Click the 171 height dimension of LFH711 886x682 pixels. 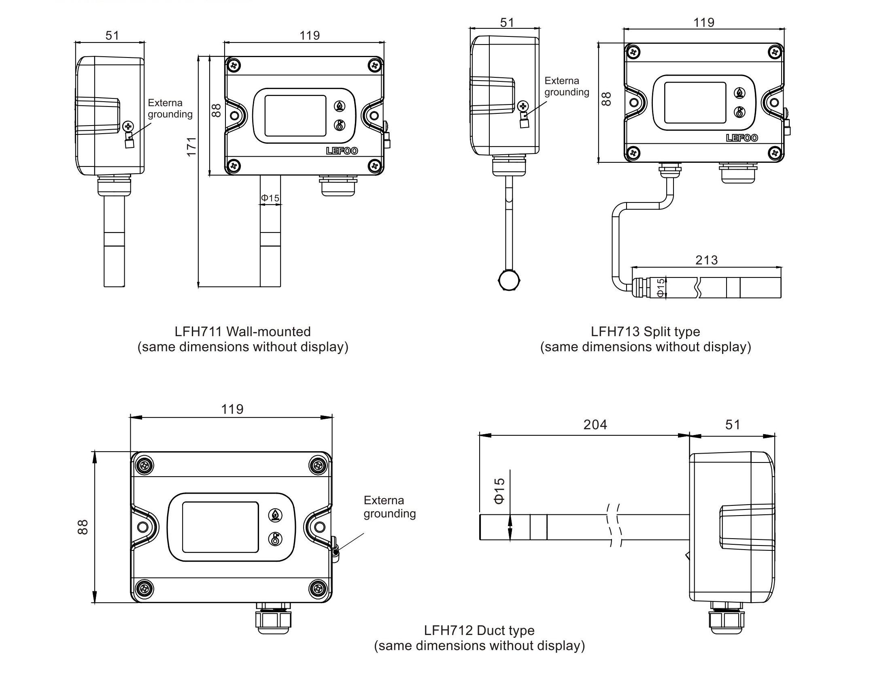point(191,147)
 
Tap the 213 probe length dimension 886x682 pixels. point(706,260)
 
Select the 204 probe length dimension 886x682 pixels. point(595,424)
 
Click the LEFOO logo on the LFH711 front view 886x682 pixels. point(342,151)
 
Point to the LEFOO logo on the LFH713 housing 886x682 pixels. point(742,138)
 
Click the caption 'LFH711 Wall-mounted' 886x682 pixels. point(242,332)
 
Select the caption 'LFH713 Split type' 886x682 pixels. point(645,332)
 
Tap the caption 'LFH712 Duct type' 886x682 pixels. point(479,631)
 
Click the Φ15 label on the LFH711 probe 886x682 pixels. point(270,198)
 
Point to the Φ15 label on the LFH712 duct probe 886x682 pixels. point(499,491)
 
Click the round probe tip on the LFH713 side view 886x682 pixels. point(509,280)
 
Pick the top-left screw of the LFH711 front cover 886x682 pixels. point(234,65)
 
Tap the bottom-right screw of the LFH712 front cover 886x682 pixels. point(318,588)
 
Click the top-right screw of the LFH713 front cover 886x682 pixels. point(775,52)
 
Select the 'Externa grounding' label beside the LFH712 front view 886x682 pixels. point(389,507)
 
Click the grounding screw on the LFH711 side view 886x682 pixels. point(128,126)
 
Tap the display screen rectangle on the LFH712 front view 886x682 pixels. point(220,527)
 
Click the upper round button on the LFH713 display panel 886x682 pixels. point(739,93)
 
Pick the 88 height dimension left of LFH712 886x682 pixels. point(83,527)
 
